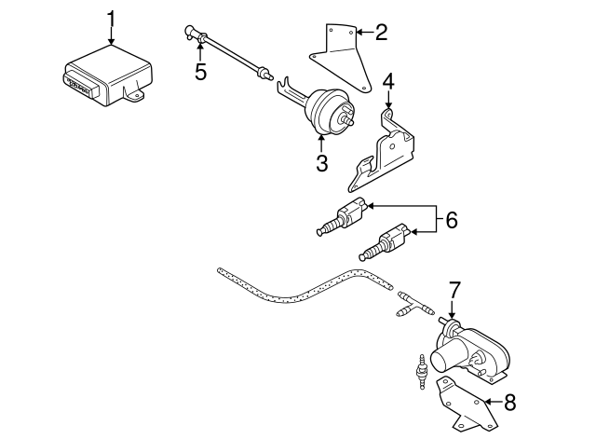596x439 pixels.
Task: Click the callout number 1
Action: (x=112, y=17)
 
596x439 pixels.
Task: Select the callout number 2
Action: (x=382, y=33)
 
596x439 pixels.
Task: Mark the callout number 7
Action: (x=454, y=290)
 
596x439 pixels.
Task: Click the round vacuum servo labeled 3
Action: (x=327, y=111)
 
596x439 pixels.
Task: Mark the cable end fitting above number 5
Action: (x=190, y=34)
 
